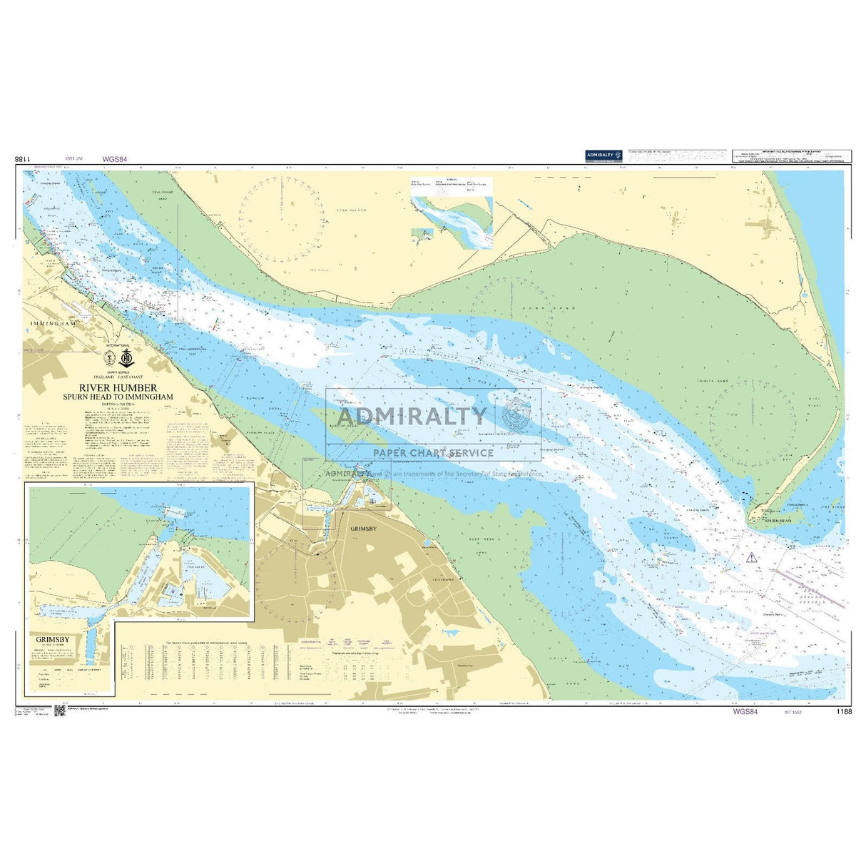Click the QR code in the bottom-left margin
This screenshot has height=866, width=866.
[x=59, y=710]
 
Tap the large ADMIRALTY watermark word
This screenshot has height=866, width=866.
[x=412, y=417]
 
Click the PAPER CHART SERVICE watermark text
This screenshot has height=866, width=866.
[x=433, y=452]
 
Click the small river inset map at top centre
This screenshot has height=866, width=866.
[x=452, y=213]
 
